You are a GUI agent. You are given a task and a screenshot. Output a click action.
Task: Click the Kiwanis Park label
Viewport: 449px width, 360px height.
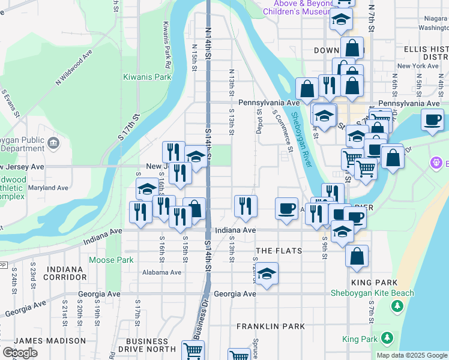147,77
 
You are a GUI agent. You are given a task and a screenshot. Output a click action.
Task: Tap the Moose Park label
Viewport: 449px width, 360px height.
111,260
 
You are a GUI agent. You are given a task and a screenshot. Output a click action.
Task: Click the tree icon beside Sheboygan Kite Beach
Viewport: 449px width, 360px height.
396,307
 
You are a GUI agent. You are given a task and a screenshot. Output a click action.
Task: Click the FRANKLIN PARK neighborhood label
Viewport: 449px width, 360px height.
270,326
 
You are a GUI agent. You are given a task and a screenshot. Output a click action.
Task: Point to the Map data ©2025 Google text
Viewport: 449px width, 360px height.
411,355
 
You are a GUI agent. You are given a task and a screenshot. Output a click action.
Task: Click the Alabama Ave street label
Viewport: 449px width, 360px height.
162,272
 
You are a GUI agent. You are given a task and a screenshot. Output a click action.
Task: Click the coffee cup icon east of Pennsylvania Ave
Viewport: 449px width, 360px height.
432,119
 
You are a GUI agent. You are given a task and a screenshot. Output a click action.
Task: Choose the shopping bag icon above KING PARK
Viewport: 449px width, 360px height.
357,256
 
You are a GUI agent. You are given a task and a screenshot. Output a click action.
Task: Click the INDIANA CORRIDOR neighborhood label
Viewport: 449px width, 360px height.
63,273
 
